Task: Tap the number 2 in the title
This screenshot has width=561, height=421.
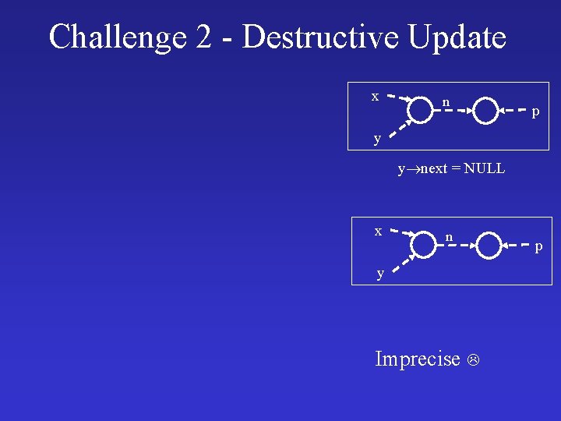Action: point(205,37)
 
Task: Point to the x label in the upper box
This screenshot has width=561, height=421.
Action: point(375,96)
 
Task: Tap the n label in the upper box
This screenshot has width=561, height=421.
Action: point(446,102)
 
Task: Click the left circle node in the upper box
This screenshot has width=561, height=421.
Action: point(420,111)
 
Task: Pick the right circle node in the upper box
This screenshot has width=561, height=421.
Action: point(485,111)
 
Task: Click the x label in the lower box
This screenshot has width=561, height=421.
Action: point(378,231)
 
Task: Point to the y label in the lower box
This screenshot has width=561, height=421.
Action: point(380,273)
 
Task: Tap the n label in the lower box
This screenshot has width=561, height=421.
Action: point(449,236)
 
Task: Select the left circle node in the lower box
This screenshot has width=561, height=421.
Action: point(423,245)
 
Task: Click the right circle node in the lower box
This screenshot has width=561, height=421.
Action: point(489,245)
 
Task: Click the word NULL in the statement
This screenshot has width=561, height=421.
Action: point(484,168)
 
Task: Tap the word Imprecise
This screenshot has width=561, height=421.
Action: point(418,359)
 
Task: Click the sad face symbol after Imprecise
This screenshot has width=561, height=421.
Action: point(472,359)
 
